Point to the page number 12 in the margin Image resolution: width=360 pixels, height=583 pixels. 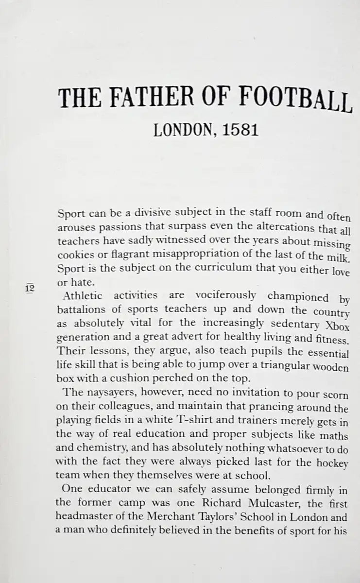[29, 288]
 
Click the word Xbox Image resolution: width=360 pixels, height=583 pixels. [336, 326]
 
